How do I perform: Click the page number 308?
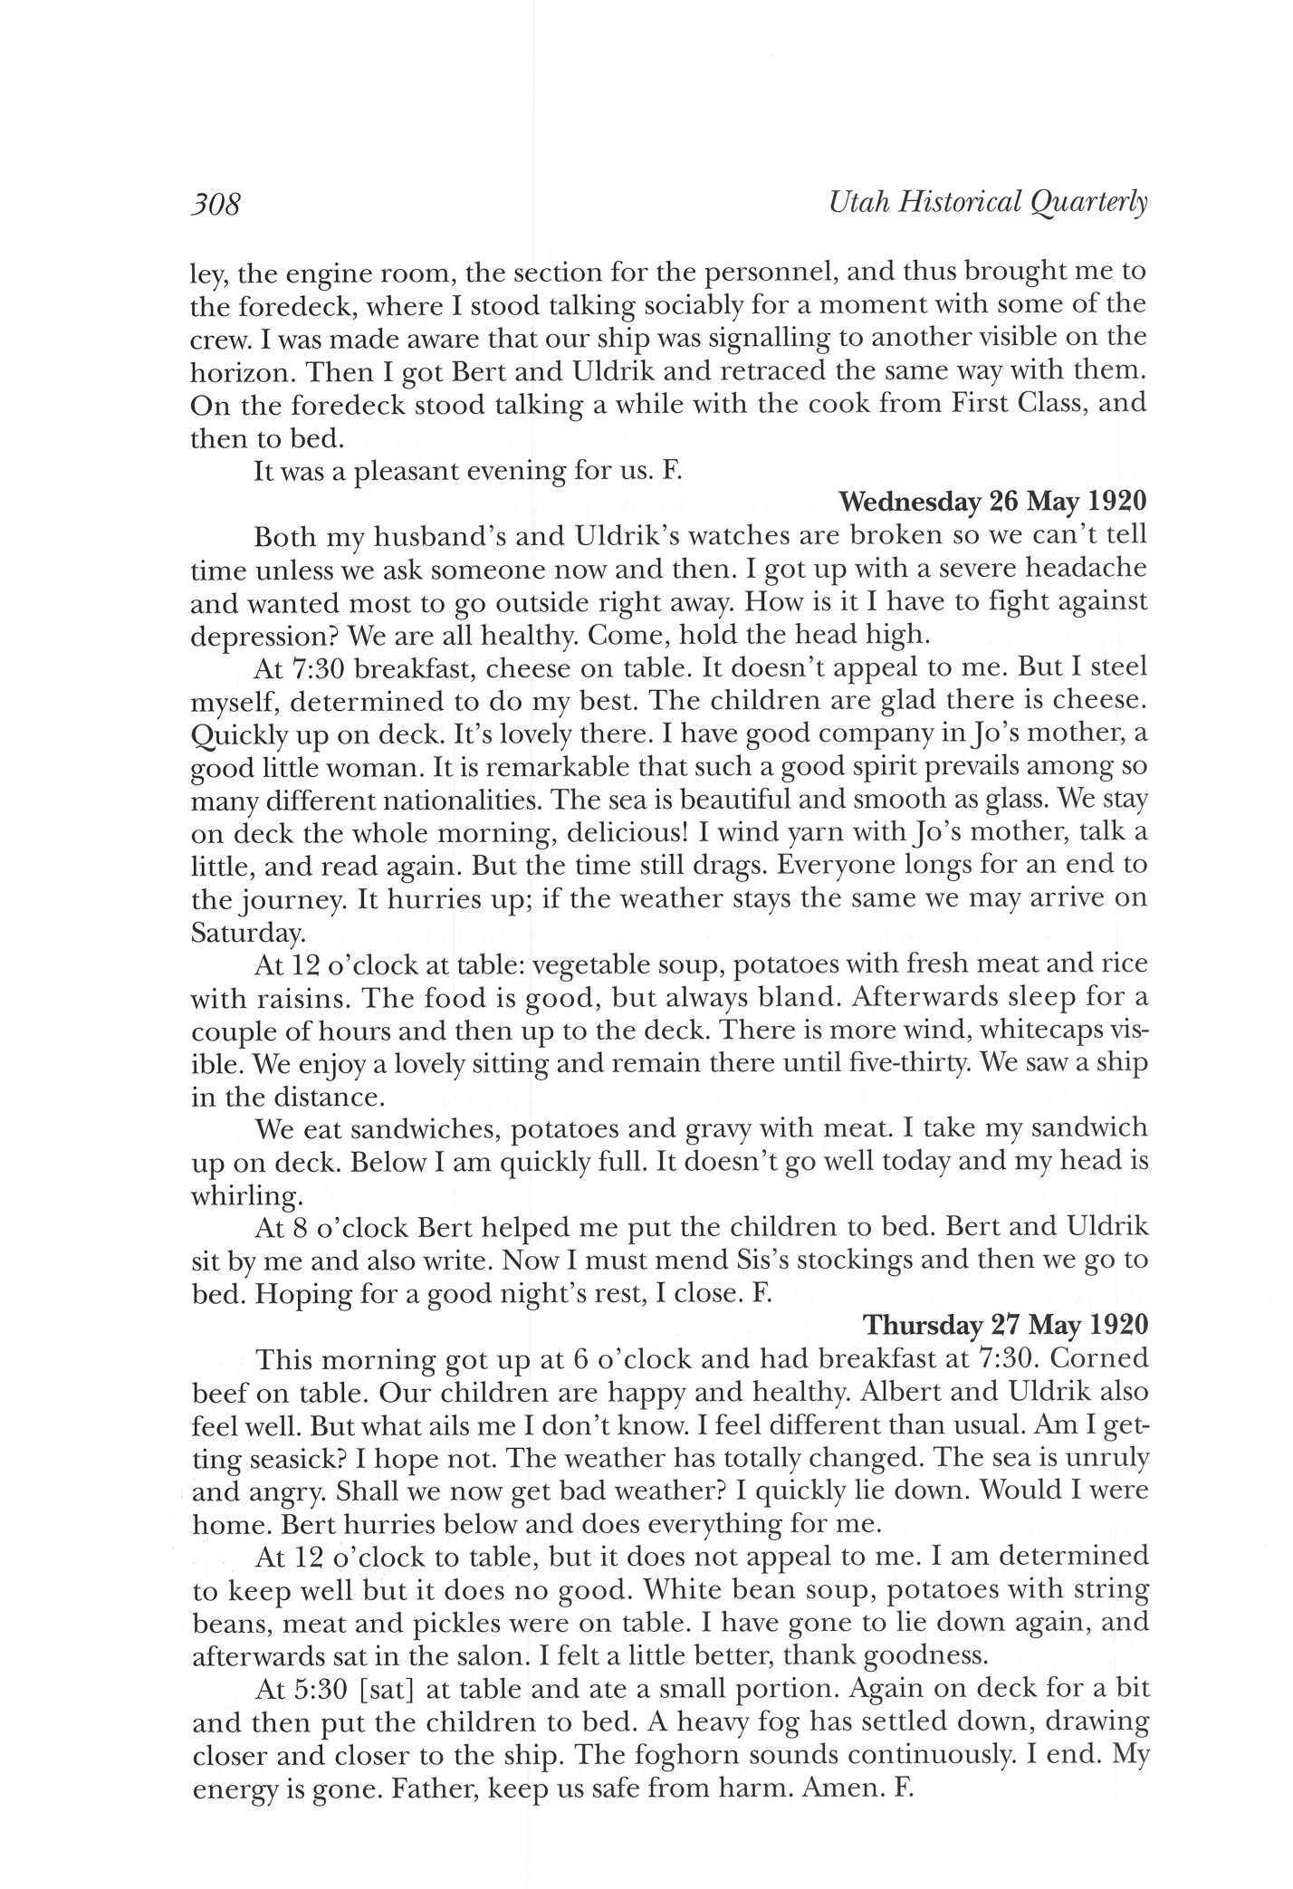(x=215, y=204)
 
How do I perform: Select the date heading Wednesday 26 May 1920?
(x=993, y=501)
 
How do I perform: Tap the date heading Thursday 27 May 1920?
(x=1005, y=1325)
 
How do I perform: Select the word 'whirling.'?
(x=245, y=1196)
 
